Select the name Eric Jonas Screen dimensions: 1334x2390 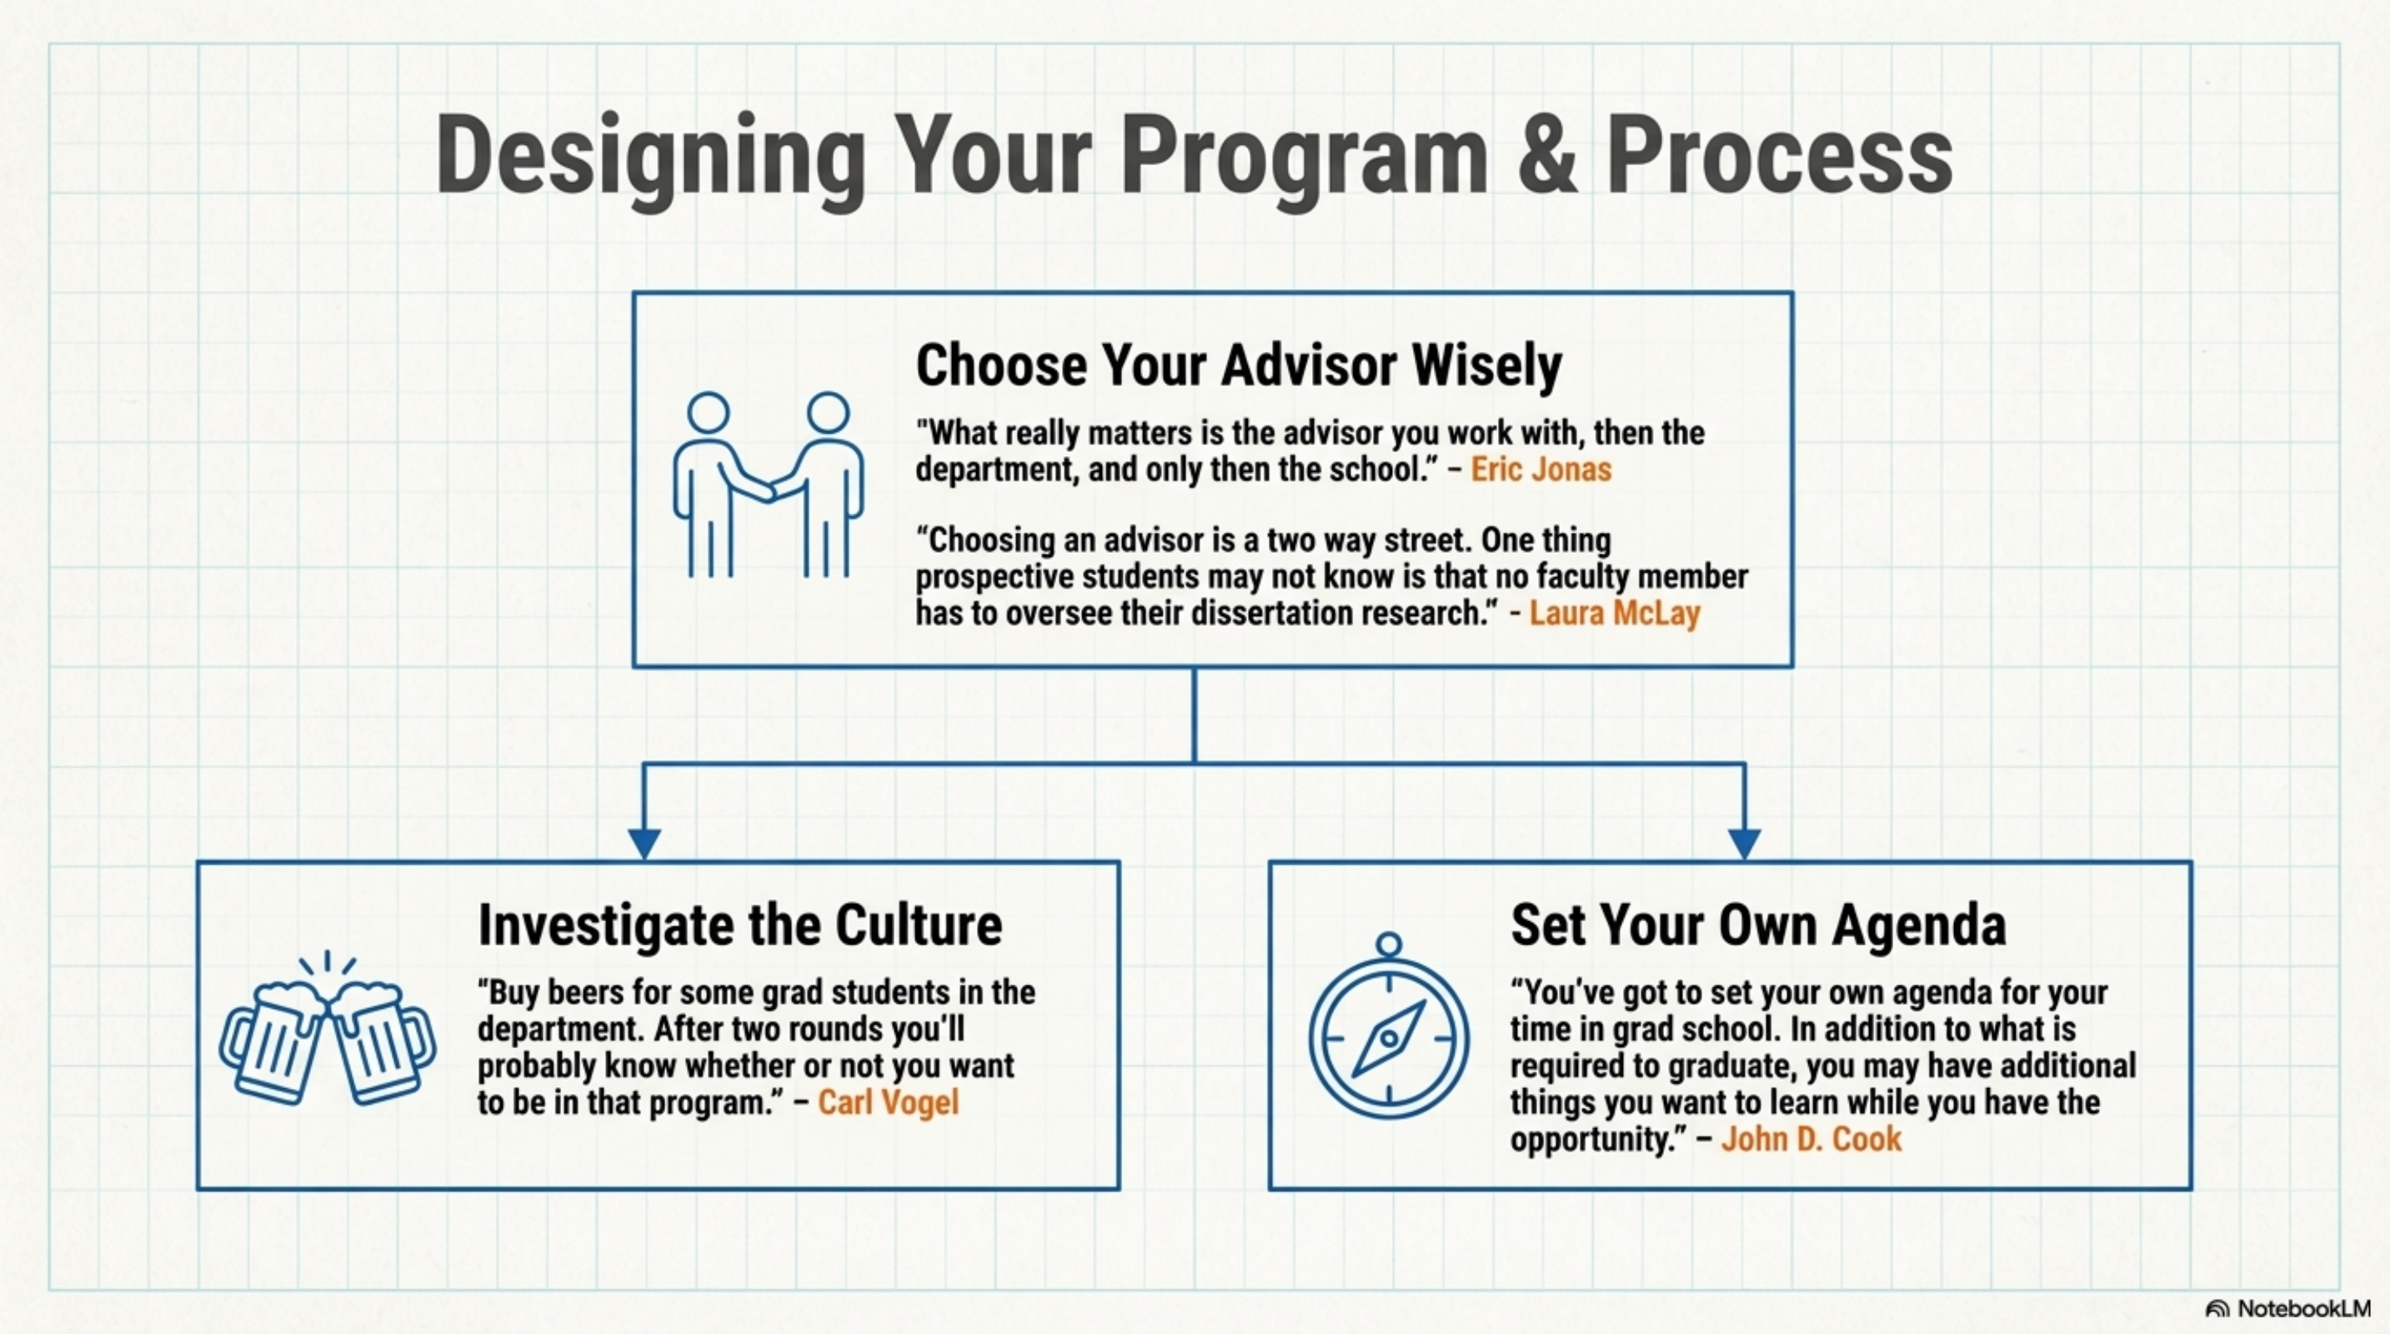[x=1541, y=469]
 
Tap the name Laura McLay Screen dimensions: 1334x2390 [x=1615, y=613]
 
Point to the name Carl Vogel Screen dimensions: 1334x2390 [x=888, y=1102]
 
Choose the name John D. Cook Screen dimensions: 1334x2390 [x=1811, y=1138]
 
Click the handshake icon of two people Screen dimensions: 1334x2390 [x=769, y=485]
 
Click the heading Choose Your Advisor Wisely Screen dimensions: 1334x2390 [x=1239, y=365]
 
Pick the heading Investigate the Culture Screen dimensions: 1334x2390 [x=739, y=925]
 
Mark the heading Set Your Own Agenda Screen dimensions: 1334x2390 [x=1757, y=925]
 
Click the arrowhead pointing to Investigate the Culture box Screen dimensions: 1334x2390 [x=644, y=842]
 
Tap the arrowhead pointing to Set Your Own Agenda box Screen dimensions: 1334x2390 [x=1744, y=842]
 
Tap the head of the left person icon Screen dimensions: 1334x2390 [x=708, y=412]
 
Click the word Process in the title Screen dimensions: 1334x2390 [x=1779, y=156]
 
